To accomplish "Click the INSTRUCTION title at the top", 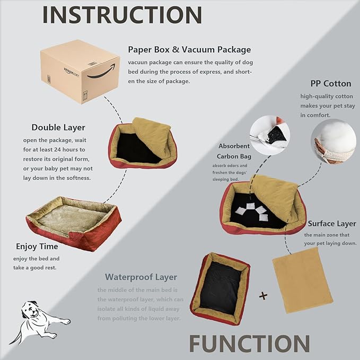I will [x=122, y=14].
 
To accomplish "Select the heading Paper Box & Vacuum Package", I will [x=189, y=50].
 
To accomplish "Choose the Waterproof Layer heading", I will [x=141, y=277].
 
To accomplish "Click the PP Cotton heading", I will [x=331, y=84].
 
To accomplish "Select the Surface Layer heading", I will [x=332, y=224].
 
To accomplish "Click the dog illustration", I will [x=38, y=319].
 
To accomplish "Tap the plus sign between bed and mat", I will [x=263, y=296].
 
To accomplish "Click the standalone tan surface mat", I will [x=302, y=283].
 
